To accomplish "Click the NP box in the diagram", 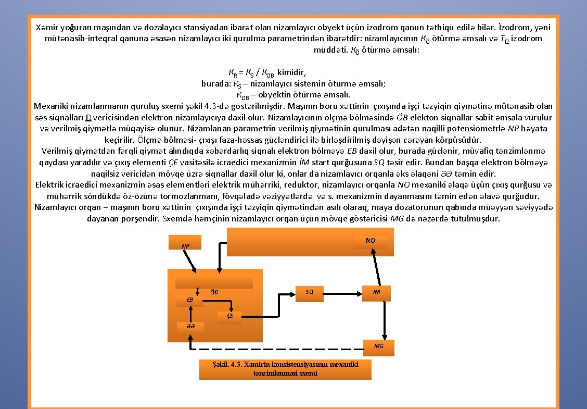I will tap(186, 243).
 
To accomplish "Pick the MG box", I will tap(378, 346).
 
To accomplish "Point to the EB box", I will tap(190, 300).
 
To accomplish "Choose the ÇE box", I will tap(229, 316).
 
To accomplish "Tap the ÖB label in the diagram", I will tap(213, 292).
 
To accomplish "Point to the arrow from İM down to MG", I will tap(385, 319).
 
